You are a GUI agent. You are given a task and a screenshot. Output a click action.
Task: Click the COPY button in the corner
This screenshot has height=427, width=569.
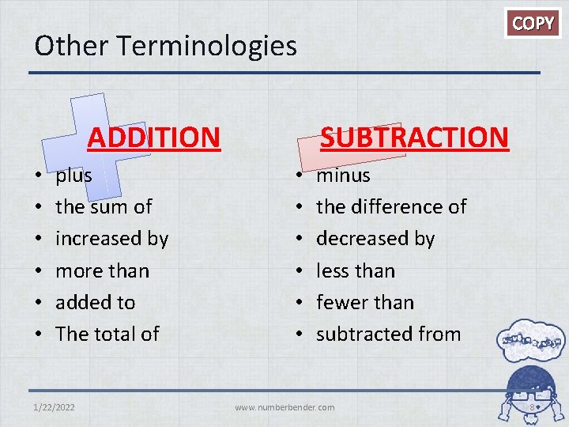(x=533, y=23)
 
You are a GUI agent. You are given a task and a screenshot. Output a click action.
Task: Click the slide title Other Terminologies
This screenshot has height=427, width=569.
(x=165, y=45)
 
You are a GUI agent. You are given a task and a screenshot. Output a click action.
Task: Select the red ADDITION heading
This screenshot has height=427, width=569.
(x=153, y=137)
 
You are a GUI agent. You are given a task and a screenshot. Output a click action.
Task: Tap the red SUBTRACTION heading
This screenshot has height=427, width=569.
(x=413, y=137)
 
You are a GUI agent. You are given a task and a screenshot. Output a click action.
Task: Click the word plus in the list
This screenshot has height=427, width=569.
(x=73, y=175)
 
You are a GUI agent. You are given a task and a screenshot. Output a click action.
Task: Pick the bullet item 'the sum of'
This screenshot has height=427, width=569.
(x=104, y=206)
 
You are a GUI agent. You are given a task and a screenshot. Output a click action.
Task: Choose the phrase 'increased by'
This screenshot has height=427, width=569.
(x=111, y=239)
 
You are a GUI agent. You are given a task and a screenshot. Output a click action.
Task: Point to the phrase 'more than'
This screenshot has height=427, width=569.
(x=102, y=270)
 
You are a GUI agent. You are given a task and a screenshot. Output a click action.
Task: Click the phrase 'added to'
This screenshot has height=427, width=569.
(x=95, y=302)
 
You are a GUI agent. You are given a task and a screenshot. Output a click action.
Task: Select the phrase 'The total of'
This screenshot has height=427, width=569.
(x=107, y=334)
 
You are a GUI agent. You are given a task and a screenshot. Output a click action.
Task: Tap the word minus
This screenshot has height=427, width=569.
(x=343, y=175)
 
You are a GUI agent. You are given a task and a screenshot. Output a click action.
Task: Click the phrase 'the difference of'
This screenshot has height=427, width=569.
(x=391, y=206)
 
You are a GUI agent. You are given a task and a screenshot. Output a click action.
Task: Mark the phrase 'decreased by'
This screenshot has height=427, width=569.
(x=375, y=239)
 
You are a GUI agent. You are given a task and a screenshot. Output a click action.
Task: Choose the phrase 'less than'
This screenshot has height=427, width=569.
(x=355, y=270)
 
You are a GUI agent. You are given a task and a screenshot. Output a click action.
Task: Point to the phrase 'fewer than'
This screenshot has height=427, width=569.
(x=364, y=302)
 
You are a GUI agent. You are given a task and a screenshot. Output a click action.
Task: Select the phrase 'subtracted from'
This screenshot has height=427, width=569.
(x=388, y=334)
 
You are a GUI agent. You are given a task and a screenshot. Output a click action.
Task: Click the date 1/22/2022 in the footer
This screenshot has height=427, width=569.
(x=55, y=407)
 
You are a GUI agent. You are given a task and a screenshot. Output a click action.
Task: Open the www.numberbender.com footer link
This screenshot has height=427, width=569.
(x=284, y=407)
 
